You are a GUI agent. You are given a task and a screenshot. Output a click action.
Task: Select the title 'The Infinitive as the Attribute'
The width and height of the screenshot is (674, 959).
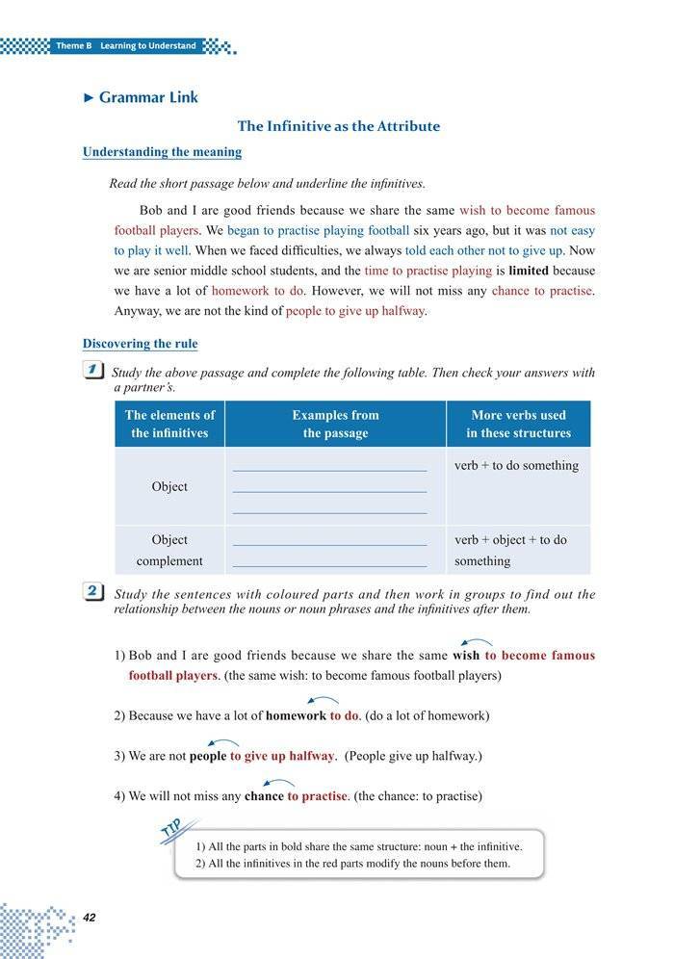click(338, 126)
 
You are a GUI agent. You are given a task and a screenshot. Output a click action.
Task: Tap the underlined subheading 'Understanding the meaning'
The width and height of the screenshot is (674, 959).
click(162, 152)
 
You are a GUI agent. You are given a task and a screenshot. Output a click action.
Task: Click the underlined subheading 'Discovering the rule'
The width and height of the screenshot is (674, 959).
click(141, 344)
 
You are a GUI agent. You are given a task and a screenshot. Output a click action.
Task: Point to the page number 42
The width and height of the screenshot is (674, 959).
click(91, 916)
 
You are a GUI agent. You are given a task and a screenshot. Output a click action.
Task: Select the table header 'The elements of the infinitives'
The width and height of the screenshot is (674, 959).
click(169, 424)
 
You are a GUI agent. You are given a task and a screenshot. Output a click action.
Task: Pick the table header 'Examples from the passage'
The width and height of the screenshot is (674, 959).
click(335, 424)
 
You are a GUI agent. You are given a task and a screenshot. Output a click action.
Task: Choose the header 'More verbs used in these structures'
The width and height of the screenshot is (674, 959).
click(518, 424)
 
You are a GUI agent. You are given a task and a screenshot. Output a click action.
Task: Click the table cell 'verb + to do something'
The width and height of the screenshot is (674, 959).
click(516, 466)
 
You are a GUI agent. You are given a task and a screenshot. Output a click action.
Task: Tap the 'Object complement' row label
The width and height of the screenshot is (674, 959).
click(169, 550)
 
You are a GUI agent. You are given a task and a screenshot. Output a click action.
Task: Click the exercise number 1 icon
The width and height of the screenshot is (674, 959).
click(93, 371)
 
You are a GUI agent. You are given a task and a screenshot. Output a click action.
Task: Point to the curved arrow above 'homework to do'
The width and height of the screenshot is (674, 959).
click(323, 701)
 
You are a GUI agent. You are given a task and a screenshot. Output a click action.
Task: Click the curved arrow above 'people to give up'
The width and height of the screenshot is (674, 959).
click(223, 742)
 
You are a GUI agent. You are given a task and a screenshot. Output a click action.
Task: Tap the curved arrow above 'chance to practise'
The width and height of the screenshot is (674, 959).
click(278, 784)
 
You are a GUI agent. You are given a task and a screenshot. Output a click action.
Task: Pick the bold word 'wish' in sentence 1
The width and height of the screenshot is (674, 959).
click(466, 656)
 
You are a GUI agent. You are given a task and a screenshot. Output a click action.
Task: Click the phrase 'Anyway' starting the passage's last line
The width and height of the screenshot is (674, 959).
click(135, 311)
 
